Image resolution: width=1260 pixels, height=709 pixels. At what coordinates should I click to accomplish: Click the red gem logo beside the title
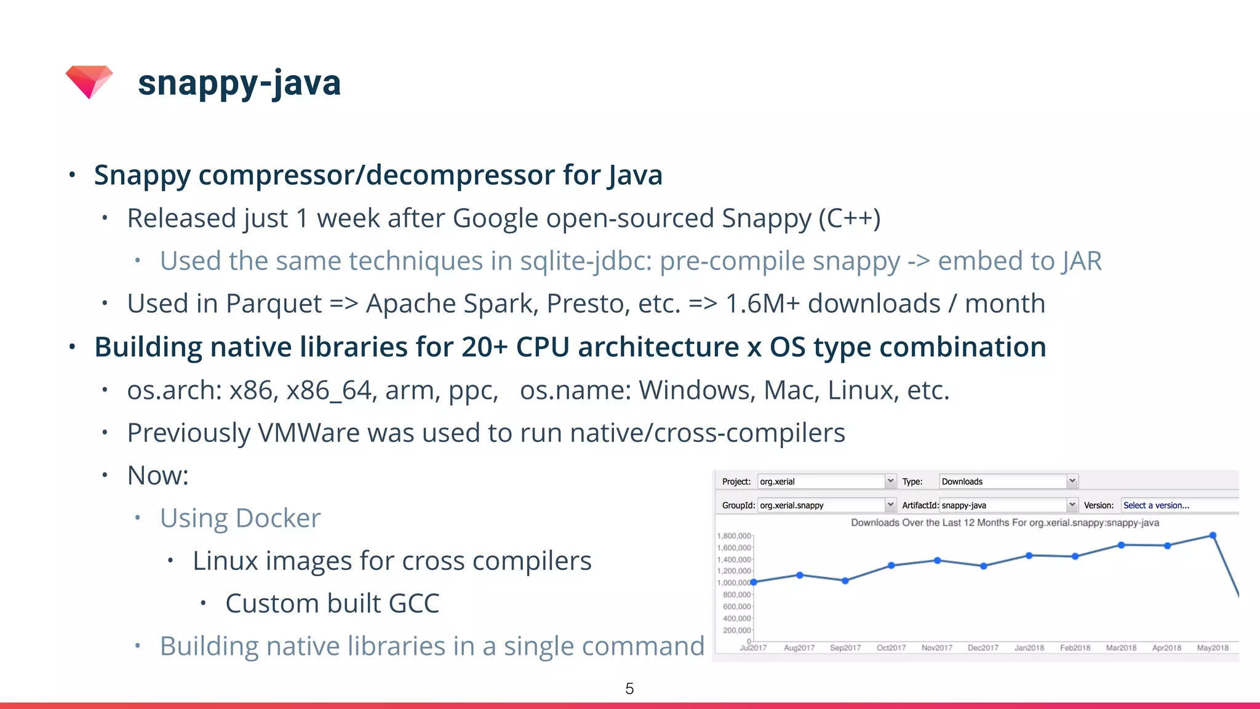pos(89,81)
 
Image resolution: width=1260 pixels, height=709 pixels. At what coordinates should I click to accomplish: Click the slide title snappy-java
pos(239,83)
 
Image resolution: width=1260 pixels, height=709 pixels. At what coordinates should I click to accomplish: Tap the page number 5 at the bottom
pos(629,689)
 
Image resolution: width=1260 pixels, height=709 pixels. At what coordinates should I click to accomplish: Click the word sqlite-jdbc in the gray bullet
pos(585,261)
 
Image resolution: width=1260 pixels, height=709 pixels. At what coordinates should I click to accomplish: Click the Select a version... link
pos(1156,505)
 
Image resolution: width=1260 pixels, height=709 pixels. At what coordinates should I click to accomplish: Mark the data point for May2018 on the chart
pos(1213,535)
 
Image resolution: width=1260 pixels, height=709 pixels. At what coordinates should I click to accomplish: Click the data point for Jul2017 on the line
pos(754,582)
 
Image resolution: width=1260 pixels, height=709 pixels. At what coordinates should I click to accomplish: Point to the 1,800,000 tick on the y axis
pos(733,536)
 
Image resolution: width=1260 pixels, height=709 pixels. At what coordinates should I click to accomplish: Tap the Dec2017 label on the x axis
pos(983,648)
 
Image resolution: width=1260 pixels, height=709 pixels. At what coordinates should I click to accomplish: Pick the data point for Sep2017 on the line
pos(845,580)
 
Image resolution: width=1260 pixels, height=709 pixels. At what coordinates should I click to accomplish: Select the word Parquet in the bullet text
pos(274,303)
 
